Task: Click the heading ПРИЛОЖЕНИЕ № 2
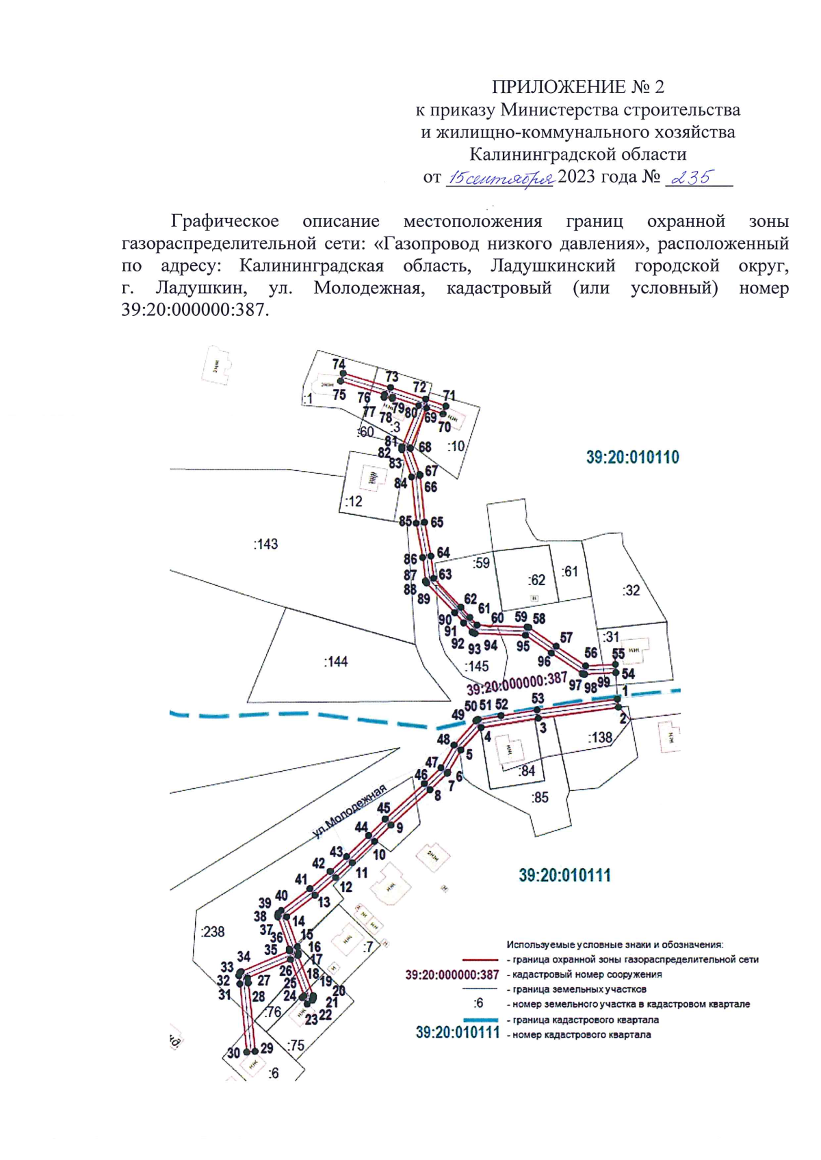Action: tap(577, 87)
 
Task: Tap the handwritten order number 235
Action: tap(692, 178)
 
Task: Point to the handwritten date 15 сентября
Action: tap(499, 178)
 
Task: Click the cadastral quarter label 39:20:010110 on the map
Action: tap(632, 457)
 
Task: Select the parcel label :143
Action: tap(265, 544)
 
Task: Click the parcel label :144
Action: tap(335, 662)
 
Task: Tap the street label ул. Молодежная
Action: tap(350, 812)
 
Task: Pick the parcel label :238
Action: tap(213, 932)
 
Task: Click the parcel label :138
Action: tap(600, 738)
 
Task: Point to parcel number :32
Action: tap(631, 591)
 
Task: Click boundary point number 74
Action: tap(339, 364)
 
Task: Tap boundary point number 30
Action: tap(233, 1053)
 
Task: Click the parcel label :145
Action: tap(476, 666)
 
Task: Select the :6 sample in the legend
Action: tap(478, 1003)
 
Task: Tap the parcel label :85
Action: tap(540, 797)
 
